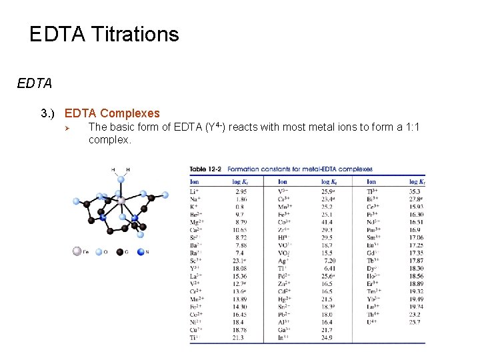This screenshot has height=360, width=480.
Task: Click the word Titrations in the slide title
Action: [x=132, y=35]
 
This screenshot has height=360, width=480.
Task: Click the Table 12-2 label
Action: [x=206, y=169]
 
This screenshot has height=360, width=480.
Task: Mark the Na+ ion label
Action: [x=195, y=199]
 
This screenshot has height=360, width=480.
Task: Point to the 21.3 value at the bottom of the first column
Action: [x=241, y=338]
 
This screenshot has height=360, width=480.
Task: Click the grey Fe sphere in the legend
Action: [x=78, y=251]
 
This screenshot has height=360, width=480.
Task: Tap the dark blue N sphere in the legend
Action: [x=140, y=251]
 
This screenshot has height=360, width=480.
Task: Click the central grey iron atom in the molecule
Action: [x=121, y=200]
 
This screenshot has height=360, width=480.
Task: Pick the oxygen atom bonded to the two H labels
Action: [x=121, y=179]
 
